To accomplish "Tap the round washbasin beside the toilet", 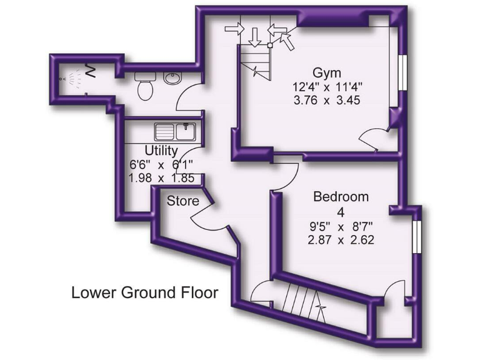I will pos(171,79).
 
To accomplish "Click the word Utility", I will pos(161,151).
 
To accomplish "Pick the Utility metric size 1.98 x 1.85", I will pos(161,178).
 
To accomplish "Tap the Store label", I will pos(183,201).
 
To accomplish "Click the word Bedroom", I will pos(341,197).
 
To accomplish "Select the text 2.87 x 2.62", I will pos(341,239).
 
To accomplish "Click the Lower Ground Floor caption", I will pos(144,292).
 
